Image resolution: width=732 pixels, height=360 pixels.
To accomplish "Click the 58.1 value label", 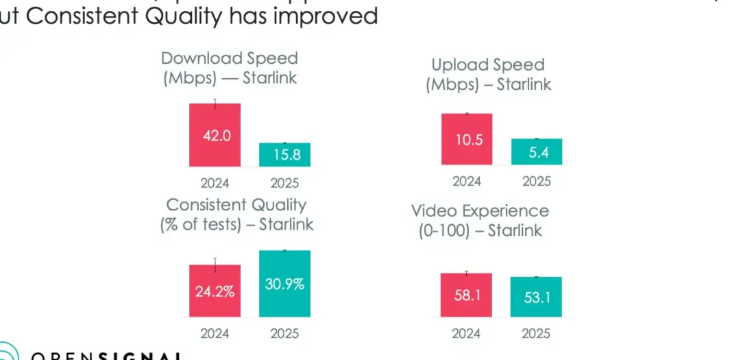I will (467, 296).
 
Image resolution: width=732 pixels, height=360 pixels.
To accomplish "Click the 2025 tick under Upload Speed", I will (537, 182).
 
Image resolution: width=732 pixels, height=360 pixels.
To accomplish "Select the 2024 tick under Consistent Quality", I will (215, 334).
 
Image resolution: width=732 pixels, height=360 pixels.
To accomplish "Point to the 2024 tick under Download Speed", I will (215, 183).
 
